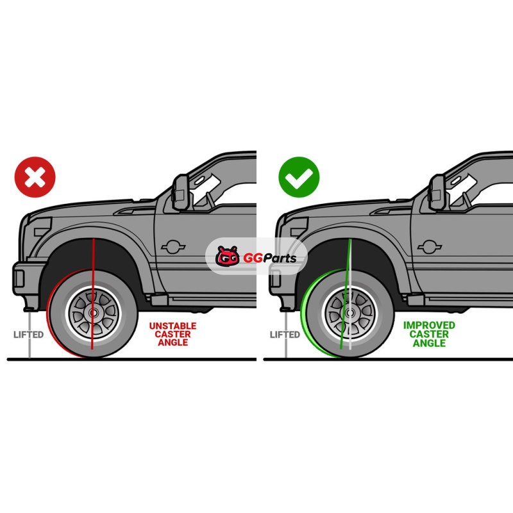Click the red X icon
[x=35, y=177]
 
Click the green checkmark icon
[x=299, y=177]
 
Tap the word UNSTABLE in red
[x=172, y=326]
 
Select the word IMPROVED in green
[x=429, y=325]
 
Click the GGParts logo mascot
[x=228, y=256]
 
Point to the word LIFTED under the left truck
[x=28, y=335]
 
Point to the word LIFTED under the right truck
[x=285, y=335]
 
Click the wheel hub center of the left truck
[x=93, y=313]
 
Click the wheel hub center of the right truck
[x=349, y=313]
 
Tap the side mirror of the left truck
[x=181, y=192]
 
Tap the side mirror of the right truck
[x=437, y=192]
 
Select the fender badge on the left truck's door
[x=173, y=247]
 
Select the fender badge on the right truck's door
[x=430, y=247]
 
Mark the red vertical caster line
[x=93, y=294]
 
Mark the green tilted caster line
[x=346, y=294]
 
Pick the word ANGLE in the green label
[x=429, y=343]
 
